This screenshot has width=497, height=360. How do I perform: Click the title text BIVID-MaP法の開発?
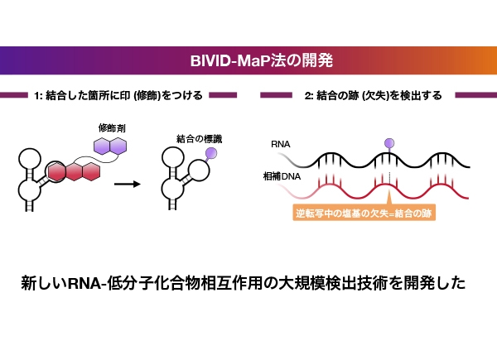click(x=248, y=61)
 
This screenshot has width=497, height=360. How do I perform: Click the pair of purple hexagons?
click(x=109, y=146)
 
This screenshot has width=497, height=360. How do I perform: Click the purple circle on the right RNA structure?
click(x=210, y=153)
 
